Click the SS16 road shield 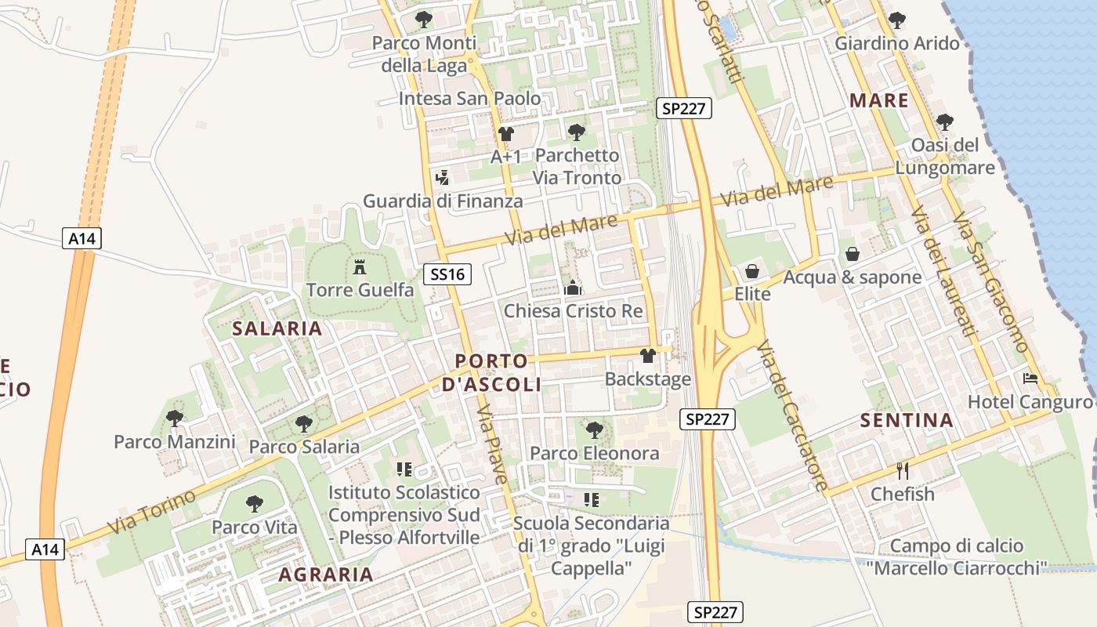click(x=448, y=274)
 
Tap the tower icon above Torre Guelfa click(x=360, y=266)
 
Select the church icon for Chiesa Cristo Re click(x=573, y=288)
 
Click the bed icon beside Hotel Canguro click(x=1030, y=379)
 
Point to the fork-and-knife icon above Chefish click(x=903, y=470)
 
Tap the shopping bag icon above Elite click(x=752, y=271)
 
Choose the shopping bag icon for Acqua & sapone click(x=853, y=254)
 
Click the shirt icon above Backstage click(x=647, y=356)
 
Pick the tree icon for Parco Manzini click(x=175, y=418)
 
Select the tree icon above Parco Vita click(x=255, y=503)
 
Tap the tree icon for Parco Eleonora click(x=595, y=429)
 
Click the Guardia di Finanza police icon click(x=442, y=178)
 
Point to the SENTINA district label click(x=907, y=420)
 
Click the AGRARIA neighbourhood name click(x=326, y=574)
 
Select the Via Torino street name click(x=151, y=511)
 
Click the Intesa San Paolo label click(x=469, y=99)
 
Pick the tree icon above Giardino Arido click(x=897, y=20)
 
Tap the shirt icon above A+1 click(x=505, y=134)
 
